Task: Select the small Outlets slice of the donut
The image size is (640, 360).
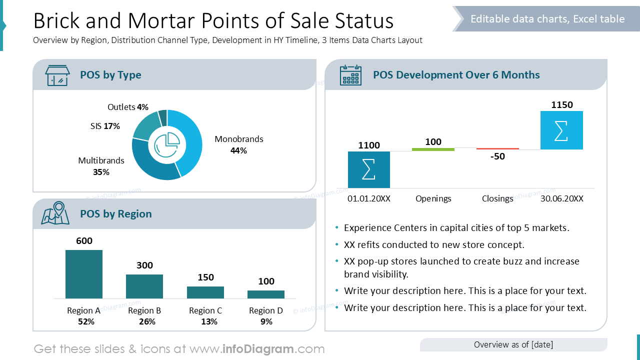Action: pyautogui.click(x=163, y=117)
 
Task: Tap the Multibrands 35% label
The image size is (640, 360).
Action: pyautogui.click(x=101, y=166)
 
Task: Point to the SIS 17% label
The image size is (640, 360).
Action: pyautogui.click(x=105, y=126)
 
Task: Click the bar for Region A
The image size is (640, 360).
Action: pyautogui.click(x=84, y=274)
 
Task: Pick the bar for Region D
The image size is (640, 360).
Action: pyautogui.click(x=266, y=294)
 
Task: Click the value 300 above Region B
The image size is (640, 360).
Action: pyautogui.click(x=144, y=265)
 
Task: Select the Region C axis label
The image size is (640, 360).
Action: pyautogui.click(x=205, y=310)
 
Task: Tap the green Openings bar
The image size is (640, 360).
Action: pyautogui.click(x=433, y=149)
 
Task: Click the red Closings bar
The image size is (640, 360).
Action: pyautogui.click(x=497, y=148)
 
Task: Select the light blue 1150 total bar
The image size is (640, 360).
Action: pyautogui.click(x=561, y=130)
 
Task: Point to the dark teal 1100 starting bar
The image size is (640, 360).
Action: pyautogui.click(x=369, y=169)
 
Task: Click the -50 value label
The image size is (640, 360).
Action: pyautogui.click(x=497, y=156)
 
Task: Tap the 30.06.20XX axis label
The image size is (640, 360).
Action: pyautogui.click(x=561, y=198)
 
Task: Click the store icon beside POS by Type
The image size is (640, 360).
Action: pyautogui.click(x=57, y=75)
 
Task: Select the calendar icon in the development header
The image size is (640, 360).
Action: pyautogui.click(x=350, y=75)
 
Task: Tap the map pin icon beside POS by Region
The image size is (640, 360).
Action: pyautogui.click(x=55, y=213)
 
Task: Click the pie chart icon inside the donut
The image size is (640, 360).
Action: pyautogui.click(x=167, y=145)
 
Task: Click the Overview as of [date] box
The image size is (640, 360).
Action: pyautogui.click(x=513, y=344)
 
